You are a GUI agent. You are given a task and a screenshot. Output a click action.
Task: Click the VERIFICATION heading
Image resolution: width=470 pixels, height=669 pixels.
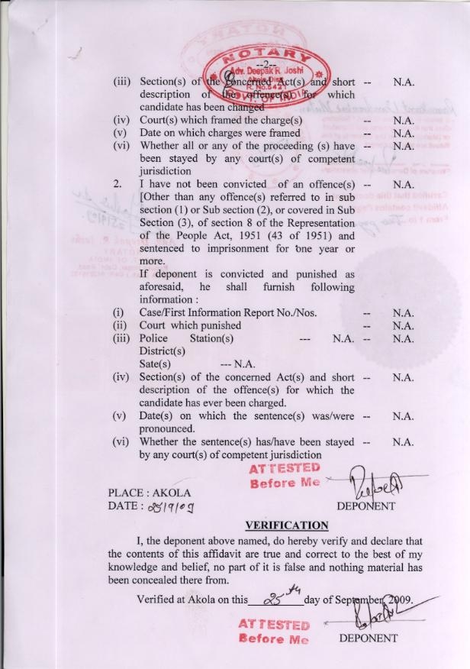click(286, 525)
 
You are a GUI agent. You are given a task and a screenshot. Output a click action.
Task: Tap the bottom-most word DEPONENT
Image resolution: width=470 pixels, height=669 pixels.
click(369, 637)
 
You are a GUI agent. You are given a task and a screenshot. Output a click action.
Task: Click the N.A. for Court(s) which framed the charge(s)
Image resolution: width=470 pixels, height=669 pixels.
click(403, 121)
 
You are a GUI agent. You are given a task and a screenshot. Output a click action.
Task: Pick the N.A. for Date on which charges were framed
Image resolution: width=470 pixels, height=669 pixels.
click(403, 133)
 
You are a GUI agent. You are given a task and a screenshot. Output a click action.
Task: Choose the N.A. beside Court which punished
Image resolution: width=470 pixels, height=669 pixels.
click(403, 325)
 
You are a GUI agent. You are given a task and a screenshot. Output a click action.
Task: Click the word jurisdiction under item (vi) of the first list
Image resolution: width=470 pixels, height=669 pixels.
click(170, 172)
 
